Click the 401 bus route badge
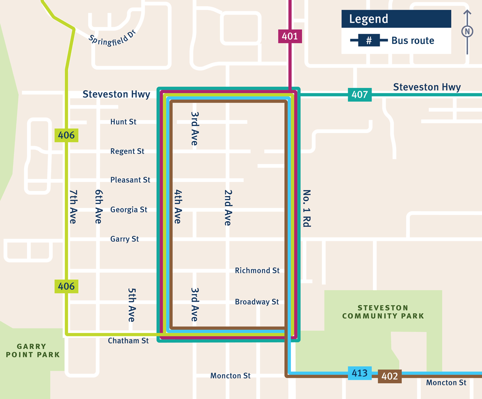click(290, 36)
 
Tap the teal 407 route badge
click(359, 95)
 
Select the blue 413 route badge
click(359, 373)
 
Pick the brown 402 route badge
click(389, 376)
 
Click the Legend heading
click(369, 19)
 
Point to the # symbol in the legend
click(369, 41)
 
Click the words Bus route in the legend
click(413, 41)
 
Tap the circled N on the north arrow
click(467, 32)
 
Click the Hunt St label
click(123, 122)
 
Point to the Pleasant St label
click(130, 180)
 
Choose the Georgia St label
click(129, 210)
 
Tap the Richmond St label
click(257, 271)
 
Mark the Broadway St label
click(257, 302)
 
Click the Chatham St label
click(128, 341)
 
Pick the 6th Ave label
click(98, 206)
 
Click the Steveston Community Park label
click(383, 312)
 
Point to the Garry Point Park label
click(32, 350)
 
